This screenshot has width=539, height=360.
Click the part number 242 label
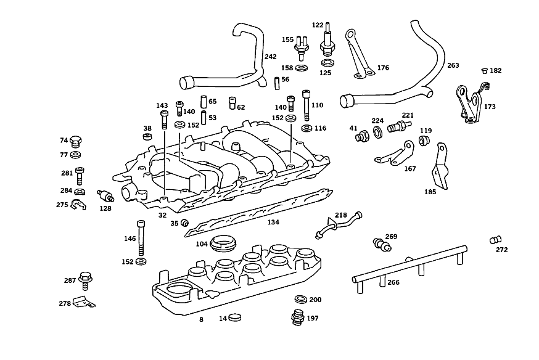coord(271,57)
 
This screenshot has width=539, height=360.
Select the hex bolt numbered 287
coord(85,280)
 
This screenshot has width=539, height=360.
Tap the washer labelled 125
coord(327,63)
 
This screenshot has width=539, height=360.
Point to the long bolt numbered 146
coord(141,237)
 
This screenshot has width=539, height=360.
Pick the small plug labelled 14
coord(235,317)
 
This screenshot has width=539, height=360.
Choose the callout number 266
coord(393,282)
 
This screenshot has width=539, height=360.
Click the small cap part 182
coord(485,71)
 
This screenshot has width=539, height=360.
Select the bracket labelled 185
coord(440,166)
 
